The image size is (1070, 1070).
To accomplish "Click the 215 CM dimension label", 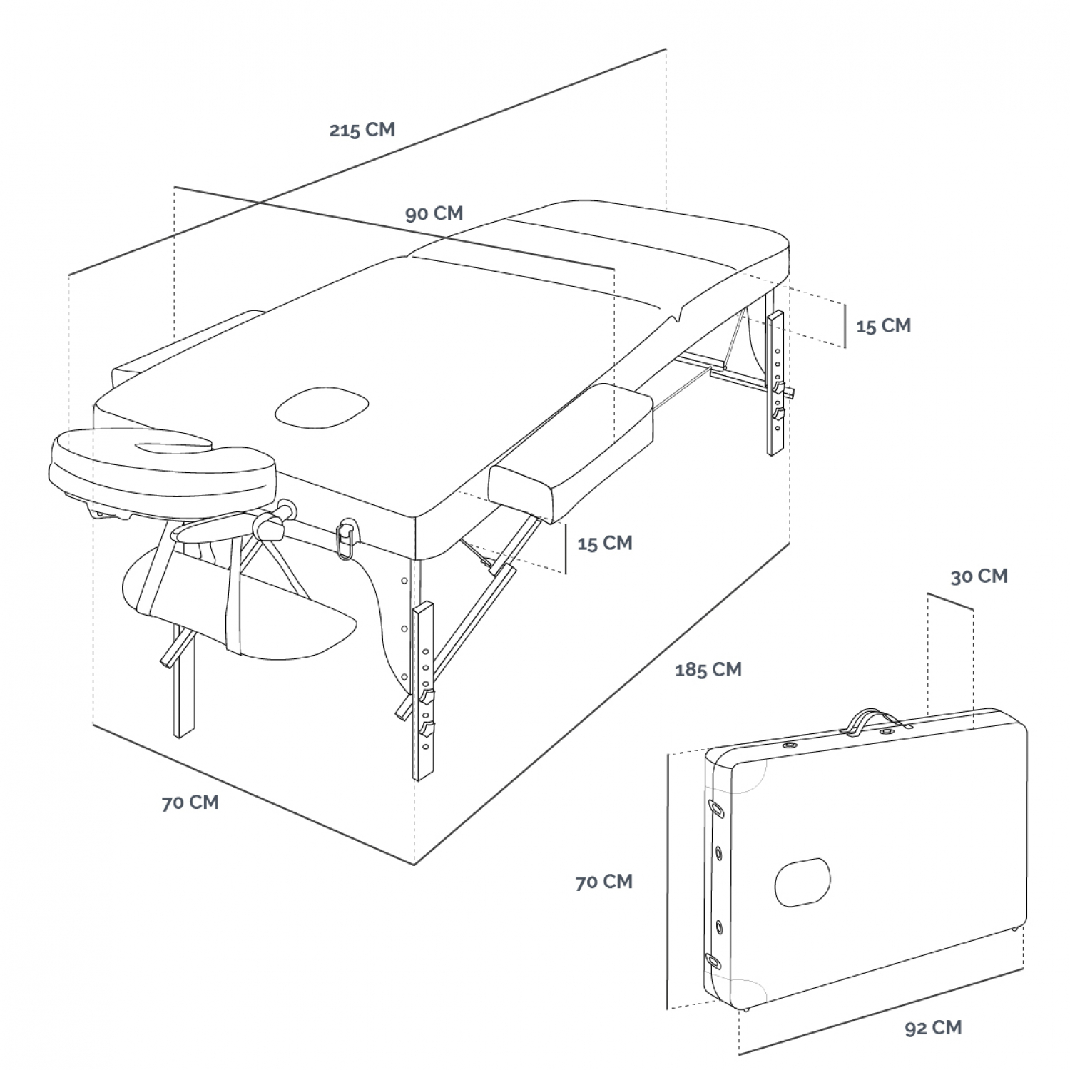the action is point(362,130).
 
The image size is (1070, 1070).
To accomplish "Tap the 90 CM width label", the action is point(434,213).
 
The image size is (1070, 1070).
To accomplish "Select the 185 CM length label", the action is point(708,669).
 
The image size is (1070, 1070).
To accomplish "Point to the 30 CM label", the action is point(979,576).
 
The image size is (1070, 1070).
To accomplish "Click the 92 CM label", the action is point(933,1027).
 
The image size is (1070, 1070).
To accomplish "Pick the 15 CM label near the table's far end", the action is point(883,325).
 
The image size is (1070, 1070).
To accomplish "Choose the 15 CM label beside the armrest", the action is point(605,543).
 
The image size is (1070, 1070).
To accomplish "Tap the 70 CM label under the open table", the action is point(190,802).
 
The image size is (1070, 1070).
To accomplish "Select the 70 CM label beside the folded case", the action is point(604,881).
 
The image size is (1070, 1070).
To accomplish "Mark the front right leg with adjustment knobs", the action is point(423,691).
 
